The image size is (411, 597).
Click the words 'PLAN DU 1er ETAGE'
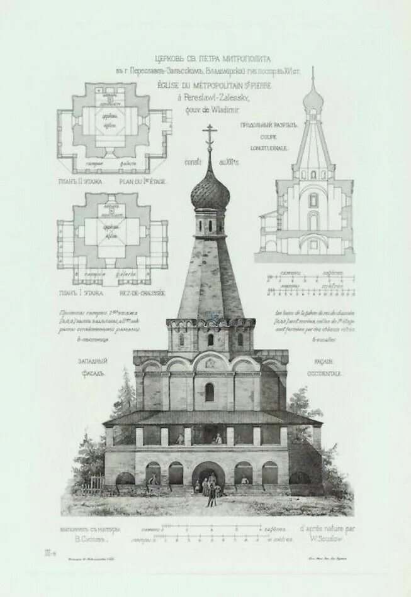(142, 182)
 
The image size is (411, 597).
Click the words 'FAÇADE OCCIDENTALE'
(325, 368)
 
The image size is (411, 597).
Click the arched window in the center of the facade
(210, 392)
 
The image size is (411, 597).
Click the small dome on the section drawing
(313, 99)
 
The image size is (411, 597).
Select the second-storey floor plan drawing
(114, 129)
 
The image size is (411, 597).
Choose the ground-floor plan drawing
(113, 238)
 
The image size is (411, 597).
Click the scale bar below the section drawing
(310, 284)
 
